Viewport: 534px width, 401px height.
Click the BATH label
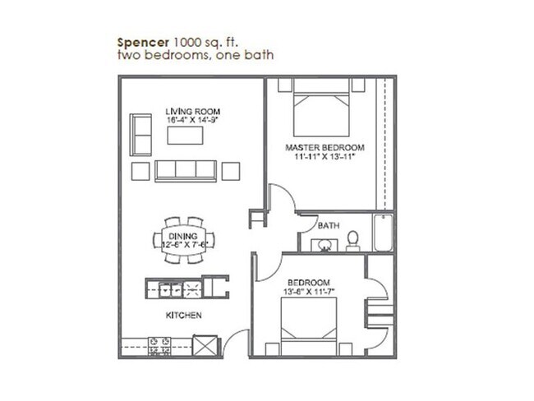329,225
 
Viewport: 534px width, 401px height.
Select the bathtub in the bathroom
382,232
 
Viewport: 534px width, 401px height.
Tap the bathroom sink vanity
324,243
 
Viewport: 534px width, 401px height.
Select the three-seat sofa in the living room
185,170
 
